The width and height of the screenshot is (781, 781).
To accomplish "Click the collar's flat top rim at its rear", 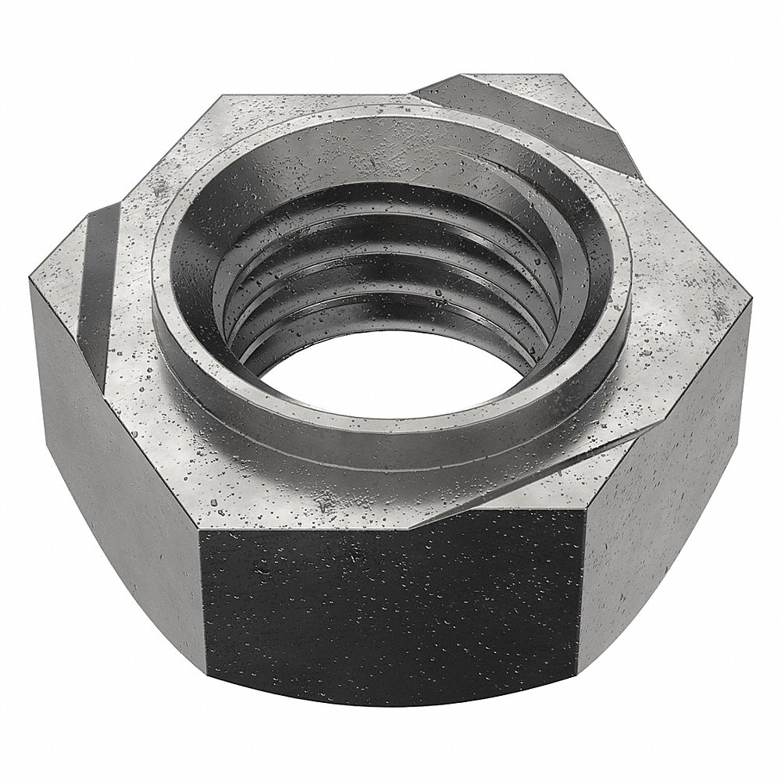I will click(406, 117).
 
